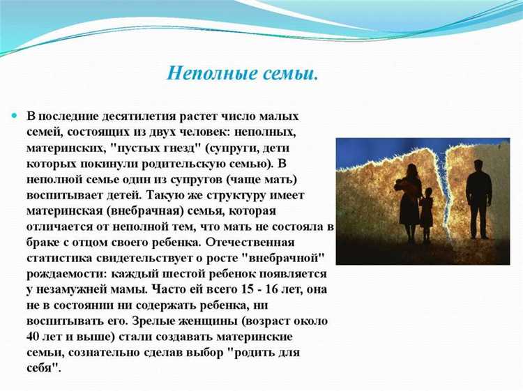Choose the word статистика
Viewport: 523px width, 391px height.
58,259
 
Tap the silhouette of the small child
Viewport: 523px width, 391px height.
425,210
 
